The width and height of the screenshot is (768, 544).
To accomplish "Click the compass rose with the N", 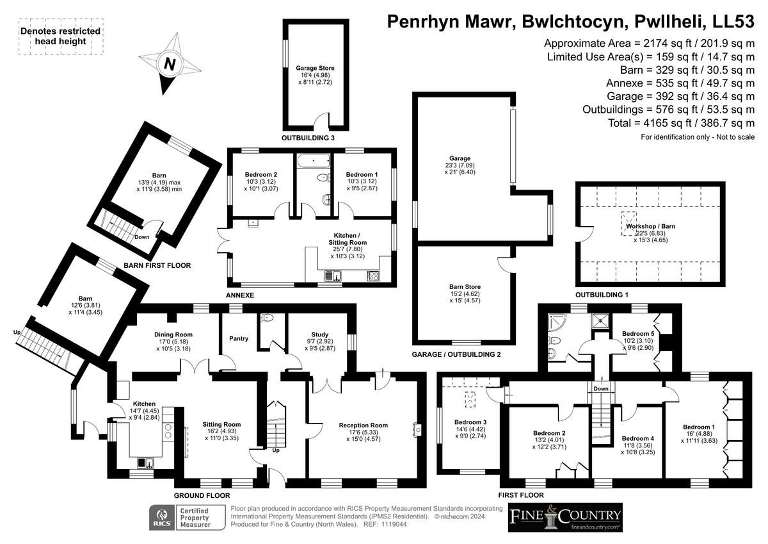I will pyautogui.click(x=169, y=65).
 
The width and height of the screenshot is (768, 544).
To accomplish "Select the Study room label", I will pyautogui.click(x=320, y=334).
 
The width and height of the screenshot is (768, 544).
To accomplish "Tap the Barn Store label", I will pyautogui.click(x=465, y=287).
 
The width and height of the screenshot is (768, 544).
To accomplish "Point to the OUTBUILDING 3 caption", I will pyautogui.click(x=308, y=138).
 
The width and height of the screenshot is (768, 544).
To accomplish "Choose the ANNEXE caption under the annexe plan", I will pyautogui.click(x=241, y=295).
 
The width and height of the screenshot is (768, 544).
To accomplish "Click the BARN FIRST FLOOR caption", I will pyautogui.click(x=157, y=265).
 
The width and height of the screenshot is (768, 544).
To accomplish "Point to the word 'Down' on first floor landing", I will pyautogui.click(x=600, y=388).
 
